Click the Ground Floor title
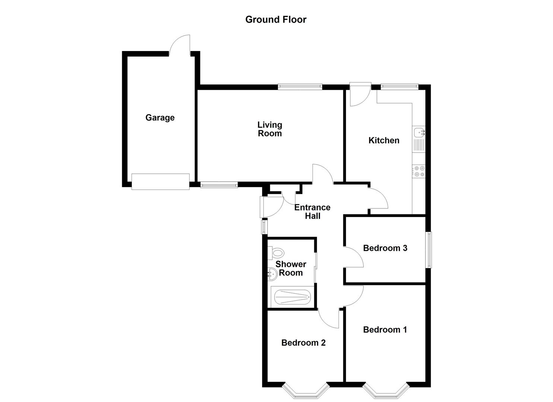tap(276, 20)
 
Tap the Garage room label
tap(160, 118)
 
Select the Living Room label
tap(270, 129)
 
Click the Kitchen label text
tap(384, 140)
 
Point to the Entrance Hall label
tap(312, 211)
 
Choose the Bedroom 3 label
tap(385, 248)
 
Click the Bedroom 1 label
tap(385, 329)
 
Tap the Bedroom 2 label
tap(303, 343)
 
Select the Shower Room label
tap(290, 268)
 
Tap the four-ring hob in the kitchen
tap(419, 171)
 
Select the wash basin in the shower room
tap(272, 275)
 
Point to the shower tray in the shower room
tap(292, 297)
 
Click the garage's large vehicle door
tap(161, 182)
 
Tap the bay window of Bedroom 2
tap(306, 389)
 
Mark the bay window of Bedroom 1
tap(385, 389)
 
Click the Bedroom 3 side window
tap(429, 250)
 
